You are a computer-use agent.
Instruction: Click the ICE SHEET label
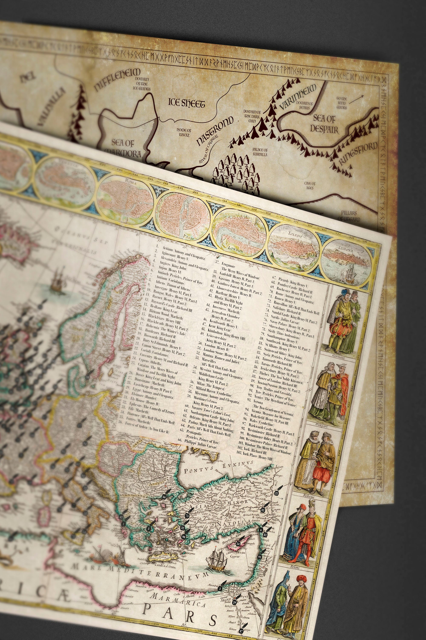point(186,103)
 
